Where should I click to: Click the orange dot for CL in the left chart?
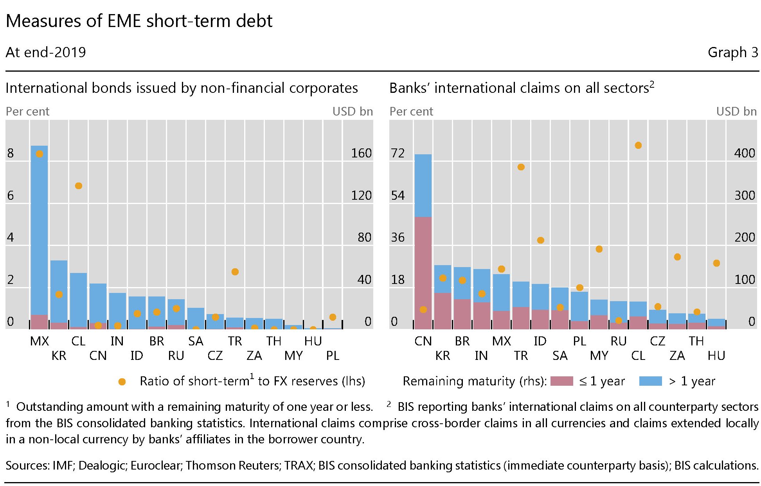(x=78, y=186)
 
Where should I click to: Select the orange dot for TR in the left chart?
(x=235, y=272)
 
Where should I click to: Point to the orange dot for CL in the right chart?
(x=638, y=145)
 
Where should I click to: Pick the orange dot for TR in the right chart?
(x=521, y=167)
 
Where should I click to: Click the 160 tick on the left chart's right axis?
(x=361, y=153)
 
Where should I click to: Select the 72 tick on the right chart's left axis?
(x=398, y=153)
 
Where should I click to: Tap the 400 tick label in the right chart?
(x=744, y=153)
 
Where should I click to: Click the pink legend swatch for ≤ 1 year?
(x=561, y=381)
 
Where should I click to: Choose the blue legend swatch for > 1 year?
(x=650, y=381)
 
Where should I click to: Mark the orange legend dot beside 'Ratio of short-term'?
(x=122, y=382)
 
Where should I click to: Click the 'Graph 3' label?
(x=733, y=52)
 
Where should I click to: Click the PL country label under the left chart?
(x=333, y=356)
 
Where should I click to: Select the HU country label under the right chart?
(x=716, y=356)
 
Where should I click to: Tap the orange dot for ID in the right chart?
(x=540, y=240)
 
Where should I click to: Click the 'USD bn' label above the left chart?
(x=353, y=112)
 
